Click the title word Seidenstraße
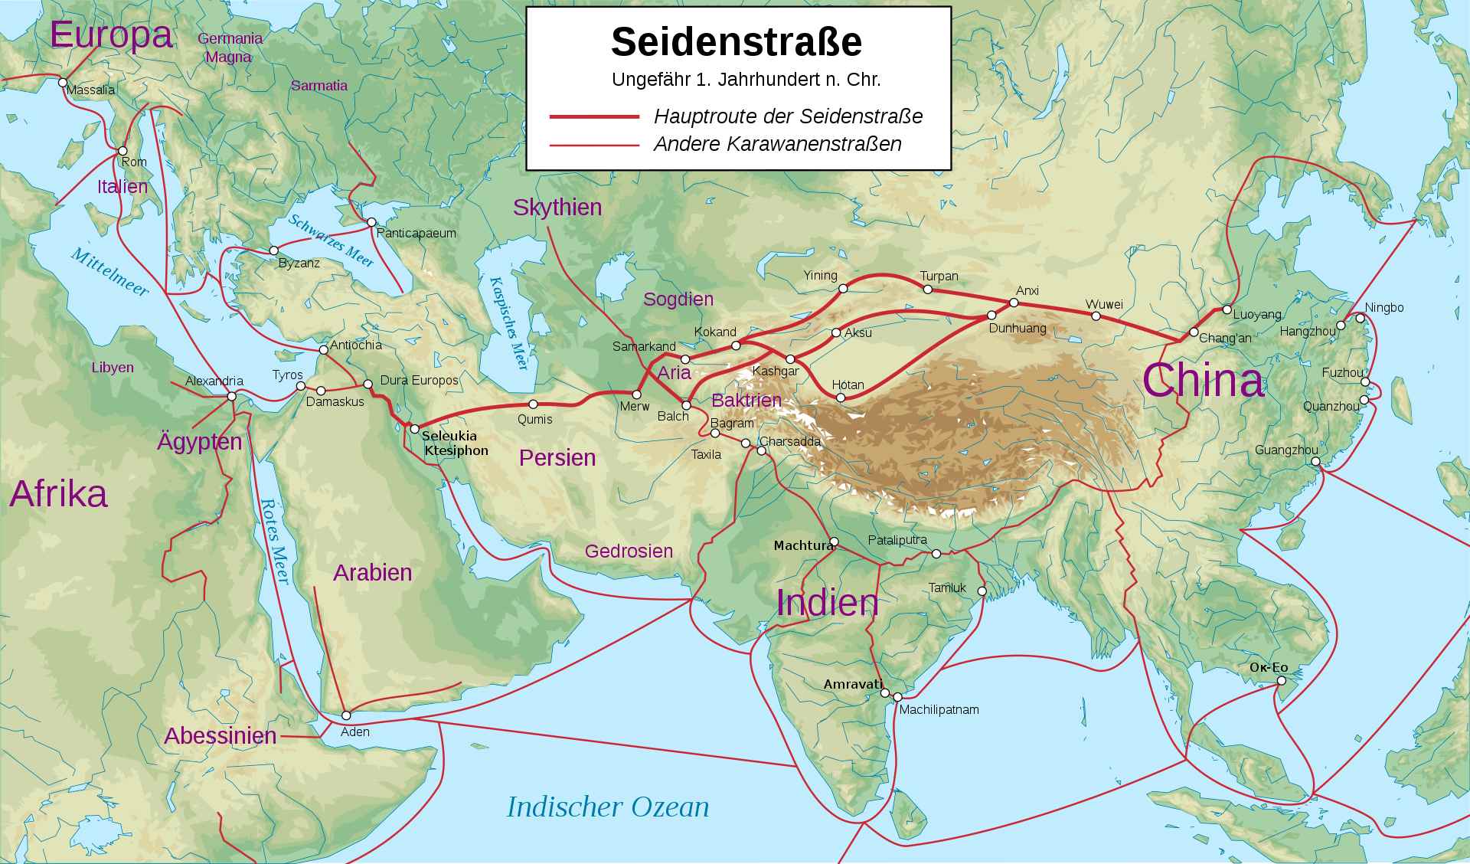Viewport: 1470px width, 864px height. point(737,42)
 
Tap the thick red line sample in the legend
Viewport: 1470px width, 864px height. point(594,116)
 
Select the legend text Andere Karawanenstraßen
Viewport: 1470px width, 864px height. point(777,144)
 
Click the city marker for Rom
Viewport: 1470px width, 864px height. point(122,151)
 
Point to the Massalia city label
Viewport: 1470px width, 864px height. point(91,90)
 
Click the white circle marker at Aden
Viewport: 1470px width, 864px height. point(346,715)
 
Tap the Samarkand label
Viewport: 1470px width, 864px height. point(644,347)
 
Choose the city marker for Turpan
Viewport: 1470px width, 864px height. point(928,290)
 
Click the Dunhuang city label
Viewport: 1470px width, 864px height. point(1017,329)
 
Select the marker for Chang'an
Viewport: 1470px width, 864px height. point(1194,332)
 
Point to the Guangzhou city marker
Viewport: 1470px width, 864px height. point(1315,462)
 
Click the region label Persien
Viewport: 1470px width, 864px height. point(557,458)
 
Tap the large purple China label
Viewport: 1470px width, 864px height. point(1203,381)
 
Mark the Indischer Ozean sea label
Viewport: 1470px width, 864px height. point(608,807)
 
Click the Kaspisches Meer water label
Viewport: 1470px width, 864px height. point(509,322)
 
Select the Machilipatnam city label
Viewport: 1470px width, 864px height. point(939,710)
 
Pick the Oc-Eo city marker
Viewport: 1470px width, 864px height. point(1281,680)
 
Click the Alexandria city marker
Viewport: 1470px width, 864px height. point(232,396)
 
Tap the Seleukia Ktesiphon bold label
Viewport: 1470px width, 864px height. point(455,443)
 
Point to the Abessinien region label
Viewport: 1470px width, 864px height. point(220,736)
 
